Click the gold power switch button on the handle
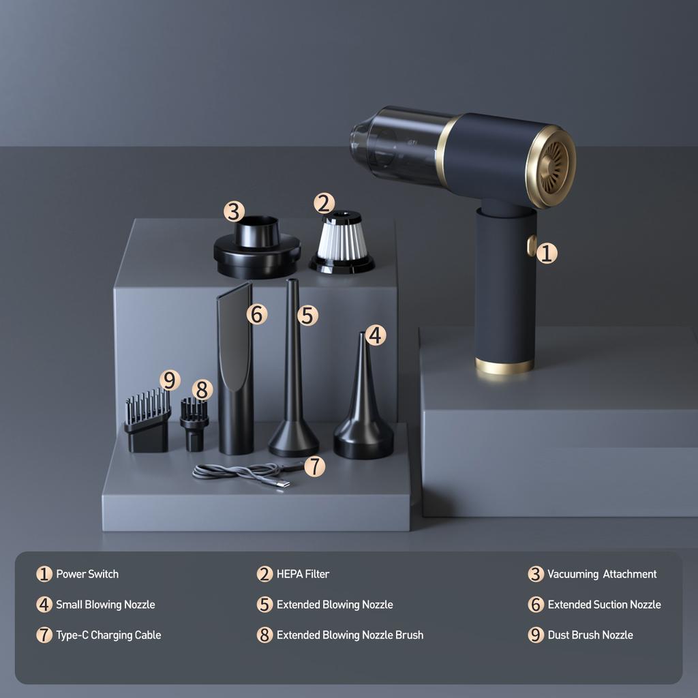coord(531,245)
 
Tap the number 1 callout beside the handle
coord(547,254)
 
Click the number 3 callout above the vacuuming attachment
coord(234,211)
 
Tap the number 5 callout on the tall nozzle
coord(307,315)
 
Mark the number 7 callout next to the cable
coord(314,466)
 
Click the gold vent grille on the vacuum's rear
coord(553,167)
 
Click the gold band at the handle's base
coord(504,366)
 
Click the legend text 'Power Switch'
coord(87,574)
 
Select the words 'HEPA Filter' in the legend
coord(303,574)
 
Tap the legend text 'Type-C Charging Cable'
coord(108,635)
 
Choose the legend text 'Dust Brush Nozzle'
coord(590,635)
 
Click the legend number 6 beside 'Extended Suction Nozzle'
coord(536,605)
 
